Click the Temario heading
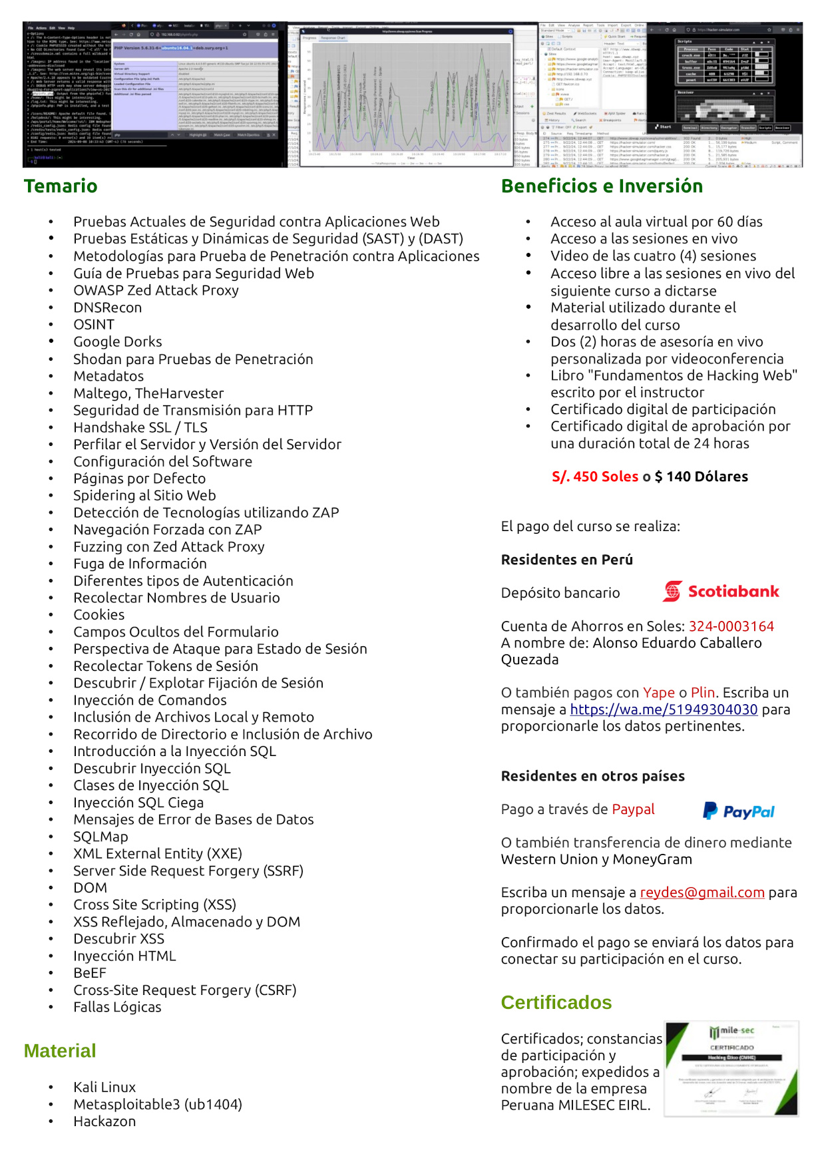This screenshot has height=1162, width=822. pos(61,186)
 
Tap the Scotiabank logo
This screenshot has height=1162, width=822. pos(721,591)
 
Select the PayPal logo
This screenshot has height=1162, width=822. pos(739,811)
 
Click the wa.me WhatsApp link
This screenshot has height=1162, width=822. pos(664,709)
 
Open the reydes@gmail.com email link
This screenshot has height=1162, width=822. pos(702,892)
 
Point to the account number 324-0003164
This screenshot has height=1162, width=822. pos(731,626)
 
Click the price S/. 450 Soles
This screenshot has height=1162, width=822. pos(594,477)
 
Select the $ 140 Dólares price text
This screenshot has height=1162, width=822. pos(701,477)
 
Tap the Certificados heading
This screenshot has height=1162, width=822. pos(556,1002)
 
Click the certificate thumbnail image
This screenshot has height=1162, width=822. pos(731,1068)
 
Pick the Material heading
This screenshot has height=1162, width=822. pos(60,1051)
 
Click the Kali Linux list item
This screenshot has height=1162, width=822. pos(104,1087)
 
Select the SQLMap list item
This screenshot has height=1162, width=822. pos(101,837)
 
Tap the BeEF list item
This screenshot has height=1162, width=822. pos(90,973)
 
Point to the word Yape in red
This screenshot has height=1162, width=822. pos(658,693)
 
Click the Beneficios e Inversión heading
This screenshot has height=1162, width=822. pos(602,186)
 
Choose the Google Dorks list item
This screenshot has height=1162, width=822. pos(118,342)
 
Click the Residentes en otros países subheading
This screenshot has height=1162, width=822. pos(592,776)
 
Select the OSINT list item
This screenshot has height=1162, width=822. pos(94,325)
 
